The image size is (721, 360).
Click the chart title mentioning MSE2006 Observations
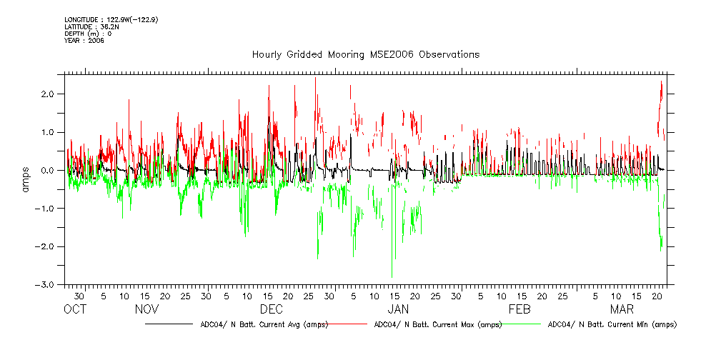[365, 55]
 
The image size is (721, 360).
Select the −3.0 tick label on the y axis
[46, 285]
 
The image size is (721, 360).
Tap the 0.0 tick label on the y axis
[49, 171]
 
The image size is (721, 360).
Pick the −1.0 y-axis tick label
[46, 209]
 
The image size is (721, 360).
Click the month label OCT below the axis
[75, 309]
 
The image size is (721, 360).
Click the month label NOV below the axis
[146, 309]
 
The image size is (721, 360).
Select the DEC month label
[272, 309]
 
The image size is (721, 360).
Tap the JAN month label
[398, 309]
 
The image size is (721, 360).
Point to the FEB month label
[519, 309]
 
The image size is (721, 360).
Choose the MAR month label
[622, 309]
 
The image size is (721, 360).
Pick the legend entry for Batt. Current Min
[611, 324]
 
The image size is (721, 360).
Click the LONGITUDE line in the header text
[111, 20]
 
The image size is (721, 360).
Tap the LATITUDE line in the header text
[91, 27]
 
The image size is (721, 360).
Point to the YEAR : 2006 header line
[84, 41]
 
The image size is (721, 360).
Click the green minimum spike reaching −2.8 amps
[392, 275]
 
